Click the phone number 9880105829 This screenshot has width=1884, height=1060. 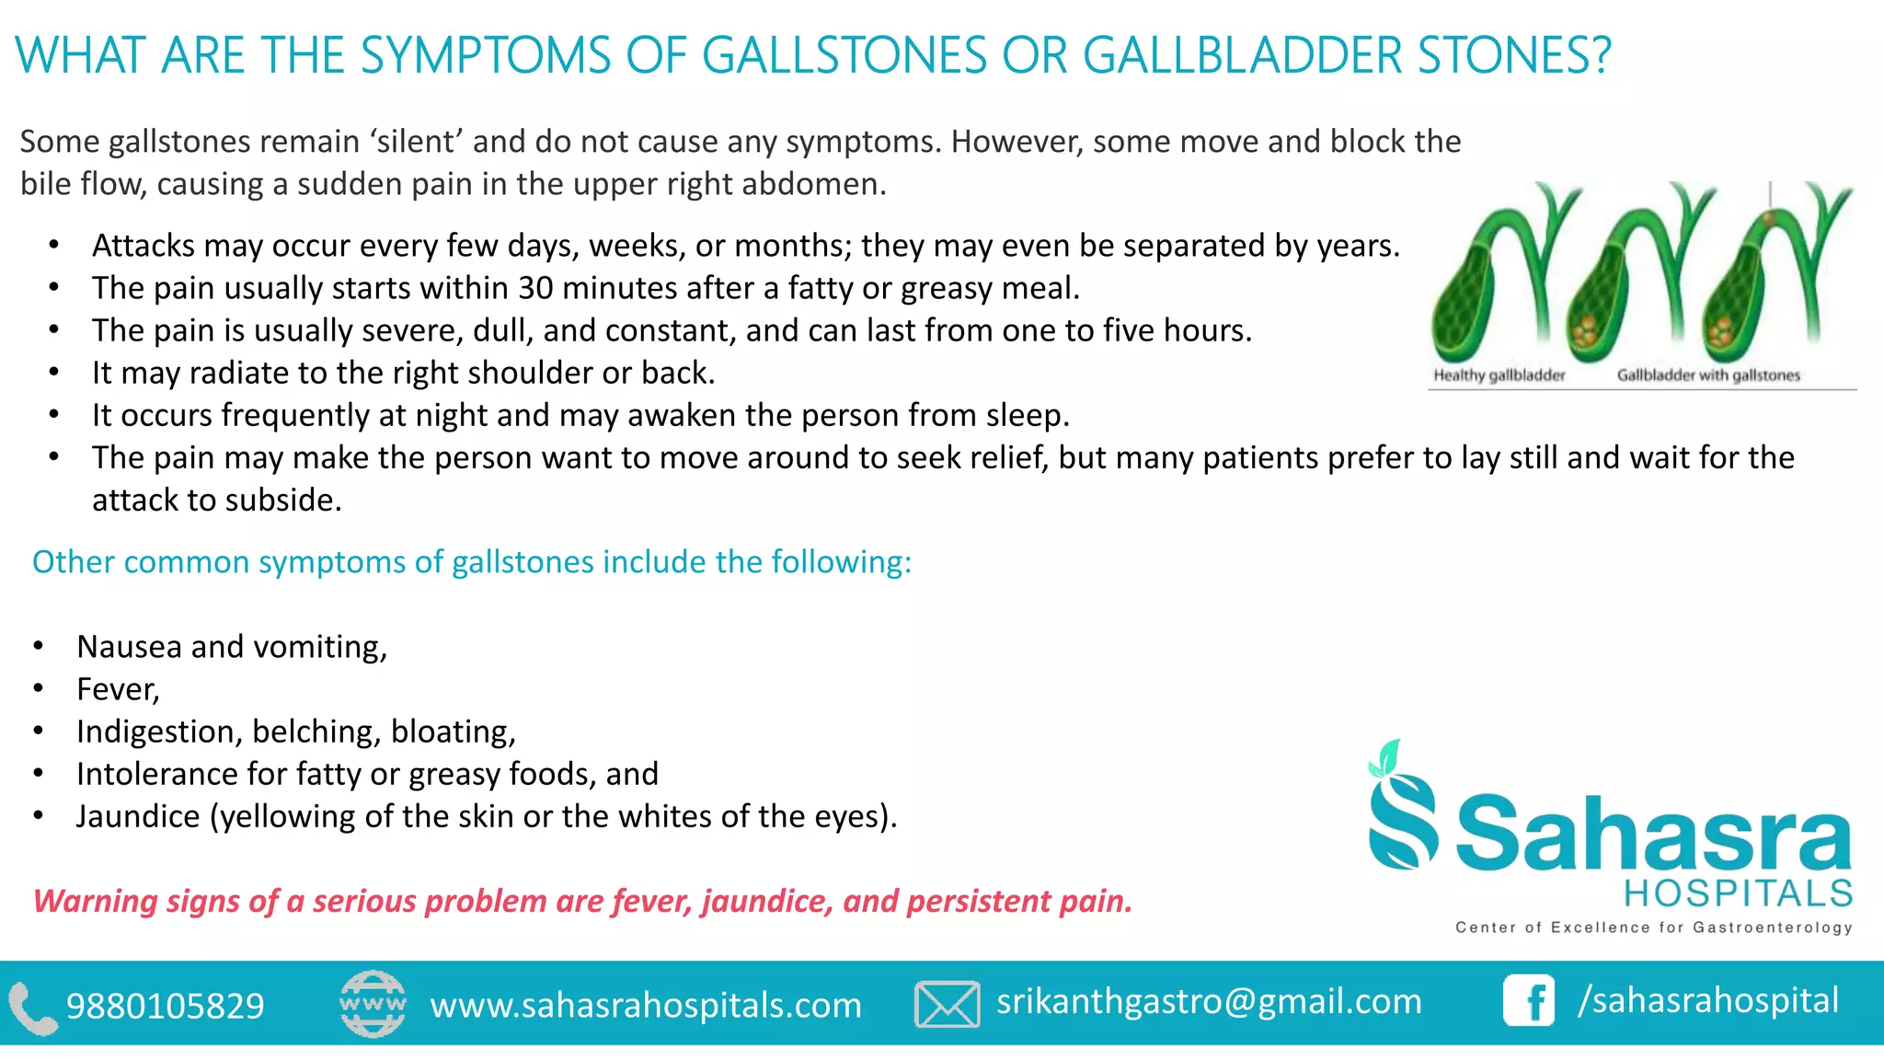pos(166,1006)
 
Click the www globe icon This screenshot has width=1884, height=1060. pos(373,1004)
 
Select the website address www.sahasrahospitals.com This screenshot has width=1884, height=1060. pos(646,1005)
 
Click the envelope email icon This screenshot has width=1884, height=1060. pos(947,1004)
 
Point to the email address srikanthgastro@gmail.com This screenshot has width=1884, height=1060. pos(1209,1001)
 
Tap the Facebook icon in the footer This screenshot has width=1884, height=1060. pos(1529,1000)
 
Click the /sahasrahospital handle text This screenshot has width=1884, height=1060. pos(1708,1000)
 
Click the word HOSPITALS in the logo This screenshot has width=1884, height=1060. pos(1739,893)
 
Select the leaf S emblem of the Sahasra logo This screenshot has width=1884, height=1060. pos(1401,810)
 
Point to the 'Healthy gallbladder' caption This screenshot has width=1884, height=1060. pos(1499,375)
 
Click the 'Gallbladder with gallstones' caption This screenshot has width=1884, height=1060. pos(1708,375)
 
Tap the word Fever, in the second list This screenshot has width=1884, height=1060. pos(118,689)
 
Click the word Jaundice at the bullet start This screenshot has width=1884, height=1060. pos(138,816)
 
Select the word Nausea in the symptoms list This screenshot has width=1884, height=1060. pos(129,647)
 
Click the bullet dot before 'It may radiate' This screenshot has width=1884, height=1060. pos(54,373)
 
